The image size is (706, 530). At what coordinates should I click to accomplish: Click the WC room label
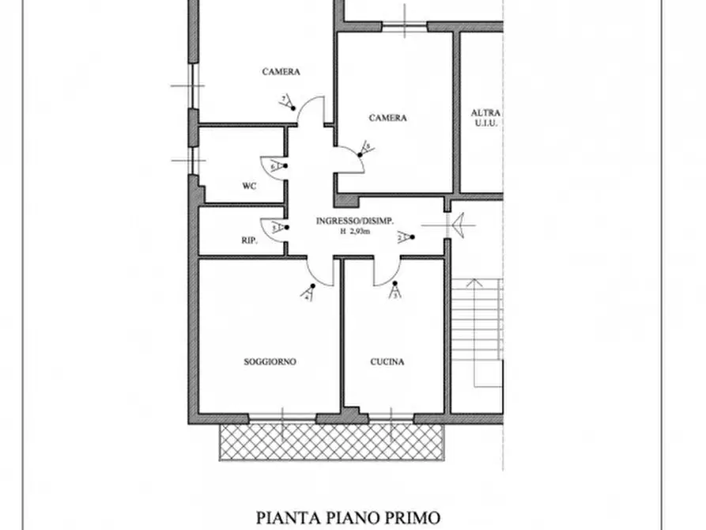tap(248, 187)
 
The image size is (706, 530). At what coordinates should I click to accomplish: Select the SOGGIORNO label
tap(270, 362)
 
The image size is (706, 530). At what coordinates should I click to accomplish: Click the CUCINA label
tap(387, 362)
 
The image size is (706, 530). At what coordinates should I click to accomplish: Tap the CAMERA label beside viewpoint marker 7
tap(281, 72)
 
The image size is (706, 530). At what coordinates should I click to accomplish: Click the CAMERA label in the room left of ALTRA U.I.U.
tap(387, 118)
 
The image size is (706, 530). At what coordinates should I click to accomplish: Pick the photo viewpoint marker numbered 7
tap(286, 101)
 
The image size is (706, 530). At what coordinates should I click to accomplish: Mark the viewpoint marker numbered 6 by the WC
tap(276, 167)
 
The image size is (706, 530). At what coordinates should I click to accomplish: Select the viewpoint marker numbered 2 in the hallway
tap(404, 237)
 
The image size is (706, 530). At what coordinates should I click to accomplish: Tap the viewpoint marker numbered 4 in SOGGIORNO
tap(308, 293)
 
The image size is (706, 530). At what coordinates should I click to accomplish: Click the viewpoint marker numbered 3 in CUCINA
tap(395, 292)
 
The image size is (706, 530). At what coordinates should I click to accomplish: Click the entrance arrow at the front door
tap(459, 225)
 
